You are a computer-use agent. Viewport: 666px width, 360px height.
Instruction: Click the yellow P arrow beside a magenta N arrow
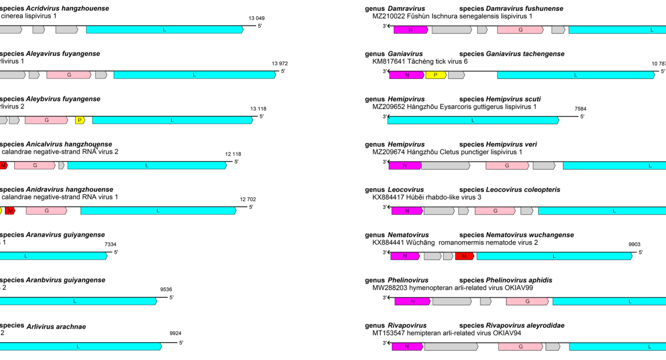436,75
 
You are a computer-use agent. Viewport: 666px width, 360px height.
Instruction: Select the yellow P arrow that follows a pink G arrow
79,120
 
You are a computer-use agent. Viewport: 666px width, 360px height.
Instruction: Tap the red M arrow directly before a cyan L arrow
464,256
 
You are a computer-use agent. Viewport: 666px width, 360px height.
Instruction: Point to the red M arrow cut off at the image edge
3,166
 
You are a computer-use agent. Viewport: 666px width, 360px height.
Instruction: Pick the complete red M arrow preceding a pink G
10,211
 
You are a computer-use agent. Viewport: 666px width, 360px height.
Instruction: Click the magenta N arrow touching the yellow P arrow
407,75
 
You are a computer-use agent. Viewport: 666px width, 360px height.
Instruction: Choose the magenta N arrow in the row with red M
405,256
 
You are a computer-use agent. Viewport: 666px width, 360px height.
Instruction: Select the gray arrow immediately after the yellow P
456,75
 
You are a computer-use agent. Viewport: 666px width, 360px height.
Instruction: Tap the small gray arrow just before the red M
448,256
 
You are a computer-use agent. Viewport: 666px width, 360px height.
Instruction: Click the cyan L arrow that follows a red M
554,256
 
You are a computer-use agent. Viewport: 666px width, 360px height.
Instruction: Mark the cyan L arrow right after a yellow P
172,120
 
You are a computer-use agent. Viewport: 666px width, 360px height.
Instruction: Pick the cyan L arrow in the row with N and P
576,75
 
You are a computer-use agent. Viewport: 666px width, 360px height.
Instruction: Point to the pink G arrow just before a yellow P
46,120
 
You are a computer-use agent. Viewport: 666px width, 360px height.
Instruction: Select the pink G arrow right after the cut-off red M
35,166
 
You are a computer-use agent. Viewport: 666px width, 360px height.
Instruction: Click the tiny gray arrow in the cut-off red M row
61,166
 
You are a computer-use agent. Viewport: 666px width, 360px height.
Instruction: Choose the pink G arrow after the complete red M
46,211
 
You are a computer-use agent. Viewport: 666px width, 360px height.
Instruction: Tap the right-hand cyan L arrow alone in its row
473,120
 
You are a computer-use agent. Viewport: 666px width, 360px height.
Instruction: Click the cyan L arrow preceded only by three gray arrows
164,30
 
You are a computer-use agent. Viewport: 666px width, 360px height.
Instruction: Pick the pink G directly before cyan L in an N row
527,301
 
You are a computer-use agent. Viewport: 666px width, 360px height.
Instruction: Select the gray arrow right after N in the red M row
432,256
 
